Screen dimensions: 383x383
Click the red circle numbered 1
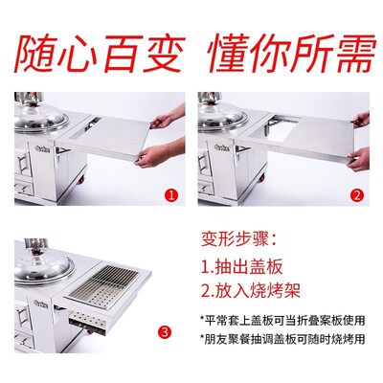[x=170, y=194]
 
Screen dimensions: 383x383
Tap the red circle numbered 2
[x=356, y=194]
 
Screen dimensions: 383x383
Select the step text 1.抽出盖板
[x=248, y=265]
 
